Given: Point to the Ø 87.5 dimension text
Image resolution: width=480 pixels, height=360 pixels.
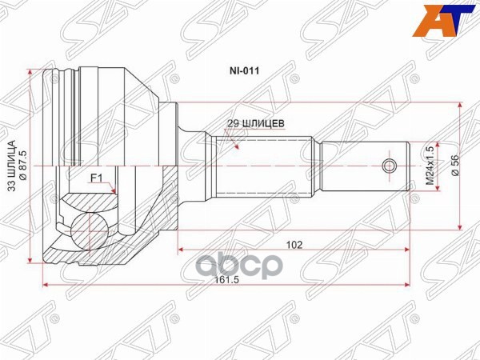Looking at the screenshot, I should tap(24, 165).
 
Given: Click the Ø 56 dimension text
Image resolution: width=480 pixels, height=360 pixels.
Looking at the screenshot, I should tap(454, 165).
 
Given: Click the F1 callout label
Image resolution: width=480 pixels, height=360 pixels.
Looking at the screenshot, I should tap(95, 178).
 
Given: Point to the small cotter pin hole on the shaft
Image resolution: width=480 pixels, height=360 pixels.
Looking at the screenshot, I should tap(390, 166).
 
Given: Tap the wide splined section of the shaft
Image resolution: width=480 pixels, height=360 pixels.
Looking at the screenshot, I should tap(264, 166).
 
